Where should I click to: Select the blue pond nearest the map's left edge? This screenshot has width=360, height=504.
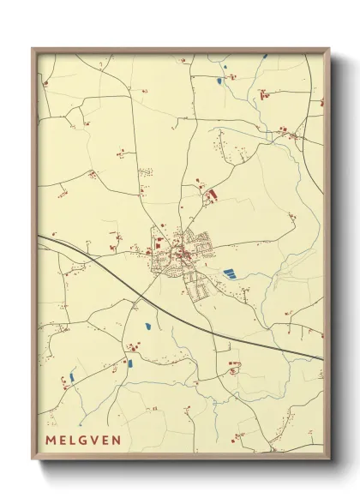(72, 376)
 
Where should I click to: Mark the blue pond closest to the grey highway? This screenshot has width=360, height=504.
(147, 327)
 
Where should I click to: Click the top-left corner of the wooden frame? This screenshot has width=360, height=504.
(33, 49)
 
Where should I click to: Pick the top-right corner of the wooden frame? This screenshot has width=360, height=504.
(329, 49)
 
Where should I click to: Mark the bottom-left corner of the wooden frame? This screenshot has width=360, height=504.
(33, 460)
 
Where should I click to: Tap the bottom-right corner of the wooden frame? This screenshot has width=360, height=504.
(329, 460)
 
